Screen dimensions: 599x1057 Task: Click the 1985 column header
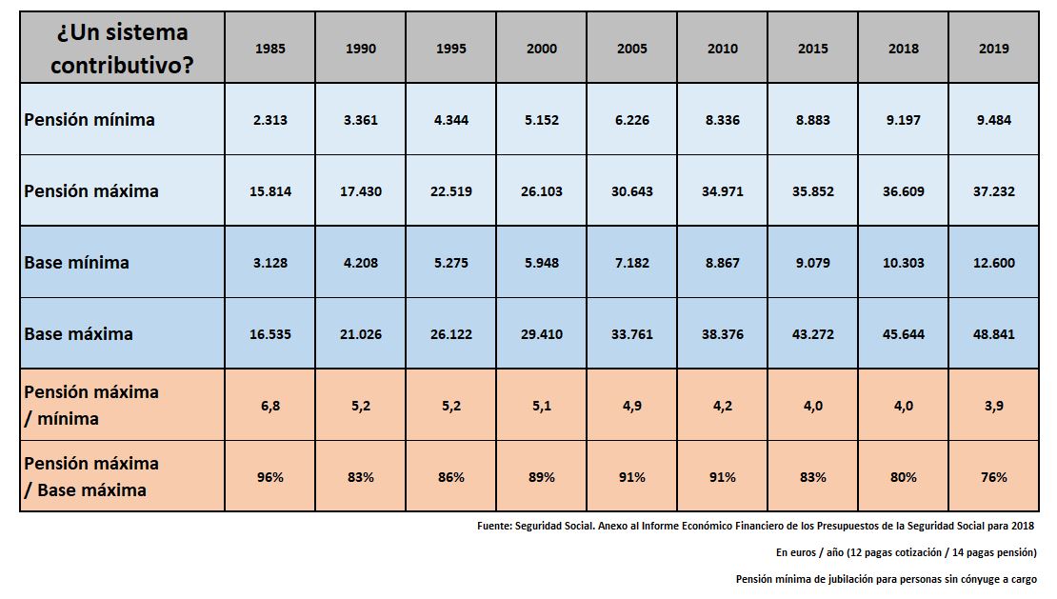point(270,49)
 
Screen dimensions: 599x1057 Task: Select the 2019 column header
point(993,49)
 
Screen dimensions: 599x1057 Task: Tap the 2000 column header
point(542,49)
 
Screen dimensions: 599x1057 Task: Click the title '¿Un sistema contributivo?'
point(122,49)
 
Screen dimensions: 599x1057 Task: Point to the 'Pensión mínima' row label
point(90,120)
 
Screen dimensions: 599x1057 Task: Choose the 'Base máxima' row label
point(79,334)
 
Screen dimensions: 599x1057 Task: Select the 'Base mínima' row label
point(77,263)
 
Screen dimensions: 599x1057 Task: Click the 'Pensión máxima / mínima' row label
point(91,405)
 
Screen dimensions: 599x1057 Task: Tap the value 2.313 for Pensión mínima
point(270,120)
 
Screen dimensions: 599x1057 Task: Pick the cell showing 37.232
point(993,191)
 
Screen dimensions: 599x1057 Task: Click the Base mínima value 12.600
point(993,263)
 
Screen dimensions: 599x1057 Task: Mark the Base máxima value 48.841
point(993,334)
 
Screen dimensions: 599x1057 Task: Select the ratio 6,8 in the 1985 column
point(270,406)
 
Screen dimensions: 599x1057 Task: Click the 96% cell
point(270,477)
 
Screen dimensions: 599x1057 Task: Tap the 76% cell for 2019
point(993,477)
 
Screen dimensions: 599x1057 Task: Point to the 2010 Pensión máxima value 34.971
point(722,191)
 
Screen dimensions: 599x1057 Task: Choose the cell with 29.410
point(542,334)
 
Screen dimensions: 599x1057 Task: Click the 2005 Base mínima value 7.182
point(632,263)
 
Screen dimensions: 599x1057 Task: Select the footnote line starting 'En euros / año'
point(906,552)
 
